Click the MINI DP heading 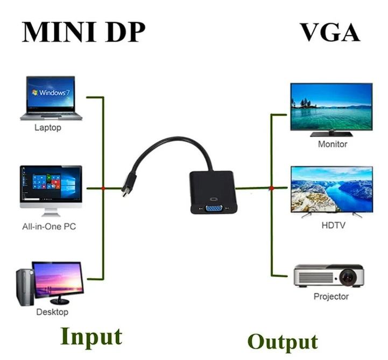tap(83, 32)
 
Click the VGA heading tap(330, 32)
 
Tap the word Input tap(91, 337)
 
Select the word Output tap(283, 342)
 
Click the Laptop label tap(48, 128)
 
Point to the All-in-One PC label tap(49, 227)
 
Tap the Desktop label tap(52, 312)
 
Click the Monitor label tap(333, 144)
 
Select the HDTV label tap(333, 225)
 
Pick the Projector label tap(331, 297)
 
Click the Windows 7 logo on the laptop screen tap(51, 93)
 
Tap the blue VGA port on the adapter tap(214, 208)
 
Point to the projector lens tap(348, 277)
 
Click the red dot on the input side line tap(103, 188)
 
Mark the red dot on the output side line tap(272, 188)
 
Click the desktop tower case tap(25, 287)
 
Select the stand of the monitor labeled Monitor tap(331, 134)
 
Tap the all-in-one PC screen tap(51, 184)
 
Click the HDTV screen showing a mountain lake tap(331, 189)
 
